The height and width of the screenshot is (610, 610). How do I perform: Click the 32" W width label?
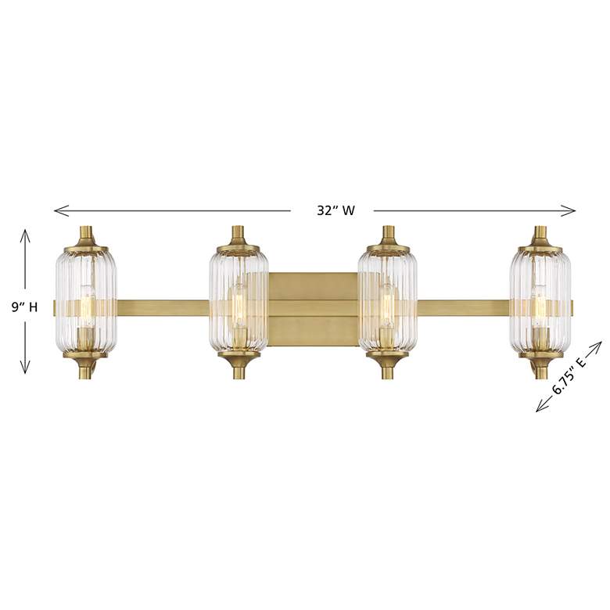pyautogui.click(x=335, y=210)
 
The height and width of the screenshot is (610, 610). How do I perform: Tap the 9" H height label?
pyautogui.click(x=24, y=307)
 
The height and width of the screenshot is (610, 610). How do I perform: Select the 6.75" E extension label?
pyautogui.click(x=569, y=376)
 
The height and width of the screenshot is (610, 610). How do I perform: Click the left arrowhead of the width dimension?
pyautogui.click(x=62, y=210)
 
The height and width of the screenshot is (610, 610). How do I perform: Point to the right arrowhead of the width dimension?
pyautogui.click(x=568, y=211)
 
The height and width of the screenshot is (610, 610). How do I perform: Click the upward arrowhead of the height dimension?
pyautogui.click(x=25, y=235)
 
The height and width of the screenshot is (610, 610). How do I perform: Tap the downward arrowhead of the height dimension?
pyautogui.click(x=25, y=368)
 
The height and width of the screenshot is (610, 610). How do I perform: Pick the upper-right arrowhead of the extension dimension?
pyautogui.click(x=595, y=347)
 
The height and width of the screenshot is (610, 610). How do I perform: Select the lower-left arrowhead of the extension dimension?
pyautogui.click(x=543, y=406)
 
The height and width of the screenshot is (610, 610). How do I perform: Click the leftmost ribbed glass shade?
pyautogui.click(x=85, y=301)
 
